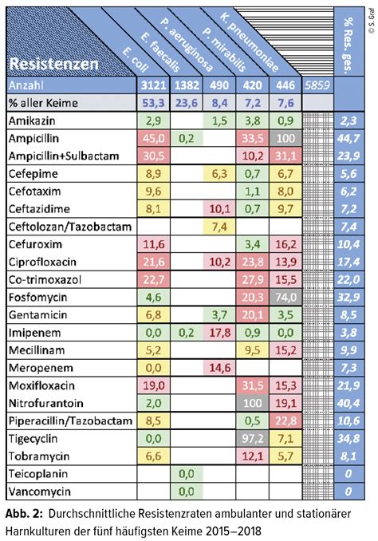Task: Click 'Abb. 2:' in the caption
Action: point(26,512)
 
